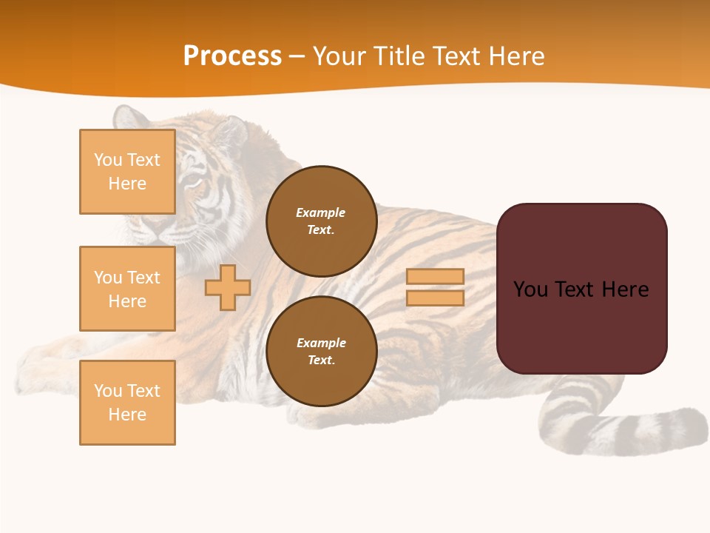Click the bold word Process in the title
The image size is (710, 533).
point(232,56)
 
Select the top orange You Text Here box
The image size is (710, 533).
point(127,172)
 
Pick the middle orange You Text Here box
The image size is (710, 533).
point(127,289)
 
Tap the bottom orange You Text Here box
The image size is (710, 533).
point(127,403)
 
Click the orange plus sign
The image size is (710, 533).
point(228,287)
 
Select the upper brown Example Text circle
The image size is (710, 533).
point(321,221)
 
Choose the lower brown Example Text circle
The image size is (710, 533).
point(321,351)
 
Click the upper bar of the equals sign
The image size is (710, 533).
point(436,276)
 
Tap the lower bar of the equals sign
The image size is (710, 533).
point(436,298)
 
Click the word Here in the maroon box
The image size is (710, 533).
point(625,289)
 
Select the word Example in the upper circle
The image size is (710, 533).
point(321,212)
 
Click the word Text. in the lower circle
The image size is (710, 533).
point(321,360)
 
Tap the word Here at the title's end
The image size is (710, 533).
point(518,56)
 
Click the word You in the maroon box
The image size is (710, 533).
point(530,289)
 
